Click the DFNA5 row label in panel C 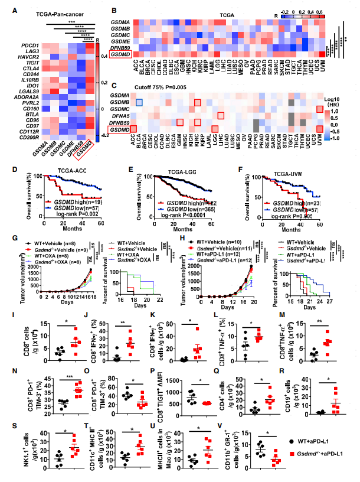120,115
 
